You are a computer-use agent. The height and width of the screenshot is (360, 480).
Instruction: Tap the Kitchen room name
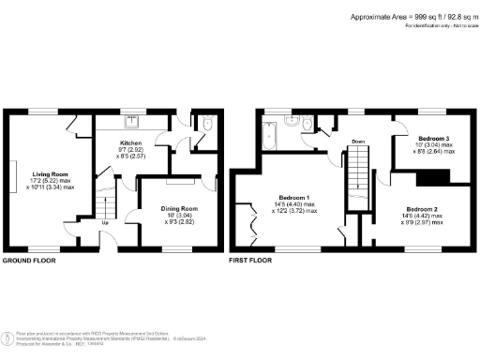click(130, 143)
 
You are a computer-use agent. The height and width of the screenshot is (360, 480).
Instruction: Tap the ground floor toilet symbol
click(205, 124)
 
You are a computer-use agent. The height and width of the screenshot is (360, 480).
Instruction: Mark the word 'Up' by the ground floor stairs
click(104, 223)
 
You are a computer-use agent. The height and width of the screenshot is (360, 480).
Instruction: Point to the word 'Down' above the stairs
click(358, 142)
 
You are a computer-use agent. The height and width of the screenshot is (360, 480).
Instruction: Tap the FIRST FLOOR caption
click(250, 260)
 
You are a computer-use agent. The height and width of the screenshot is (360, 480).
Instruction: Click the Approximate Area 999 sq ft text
click(411, 16)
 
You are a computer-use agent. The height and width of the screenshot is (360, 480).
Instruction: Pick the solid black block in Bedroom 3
click(429, 177)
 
